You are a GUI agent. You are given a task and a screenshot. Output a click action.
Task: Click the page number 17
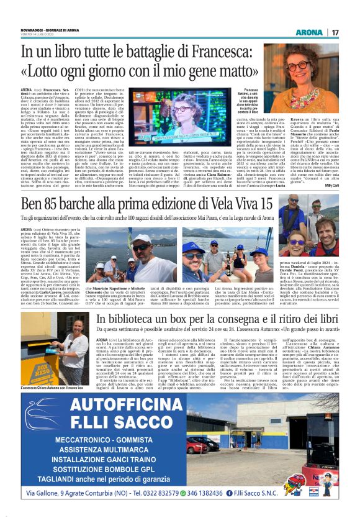point(351,32)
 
